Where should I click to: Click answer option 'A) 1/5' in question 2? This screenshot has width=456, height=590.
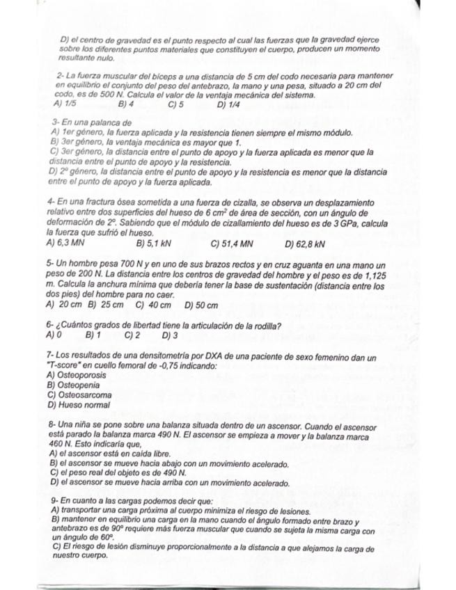point(65,104)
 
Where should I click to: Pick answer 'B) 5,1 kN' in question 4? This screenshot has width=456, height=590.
point(154,244)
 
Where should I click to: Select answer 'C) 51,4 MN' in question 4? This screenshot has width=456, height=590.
point(231,244)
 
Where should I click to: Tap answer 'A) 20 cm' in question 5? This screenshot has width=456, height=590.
point(64,305)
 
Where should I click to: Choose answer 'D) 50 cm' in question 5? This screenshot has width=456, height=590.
point(201,305)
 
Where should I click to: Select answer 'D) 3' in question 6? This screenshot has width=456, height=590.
point(169,335)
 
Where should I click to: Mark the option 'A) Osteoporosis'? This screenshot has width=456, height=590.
point(76,375)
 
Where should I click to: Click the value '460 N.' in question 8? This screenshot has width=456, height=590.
point(61,443)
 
